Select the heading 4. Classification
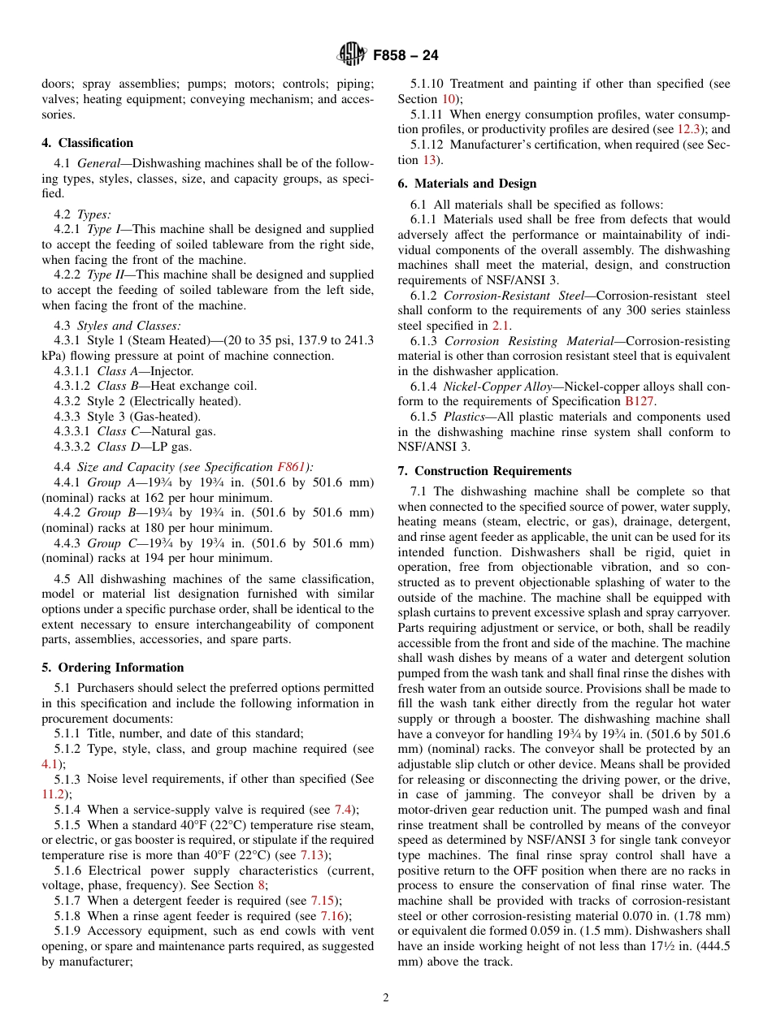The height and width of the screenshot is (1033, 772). (x=88, y=143)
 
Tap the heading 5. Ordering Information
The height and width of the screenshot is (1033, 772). (x=113, y=668)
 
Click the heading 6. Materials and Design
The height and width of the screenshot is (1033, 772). (x=467, y=184)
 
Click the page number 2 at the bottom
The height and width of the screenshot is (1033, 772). (x=386, y=998)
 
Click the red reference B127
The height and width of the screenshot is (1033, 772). (x=640, y=401)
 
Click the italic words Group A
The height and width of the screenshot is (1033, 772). (x=109, y=482)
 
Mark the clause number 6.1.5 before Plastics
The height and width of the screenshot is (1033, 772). (x=423, y=417)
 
